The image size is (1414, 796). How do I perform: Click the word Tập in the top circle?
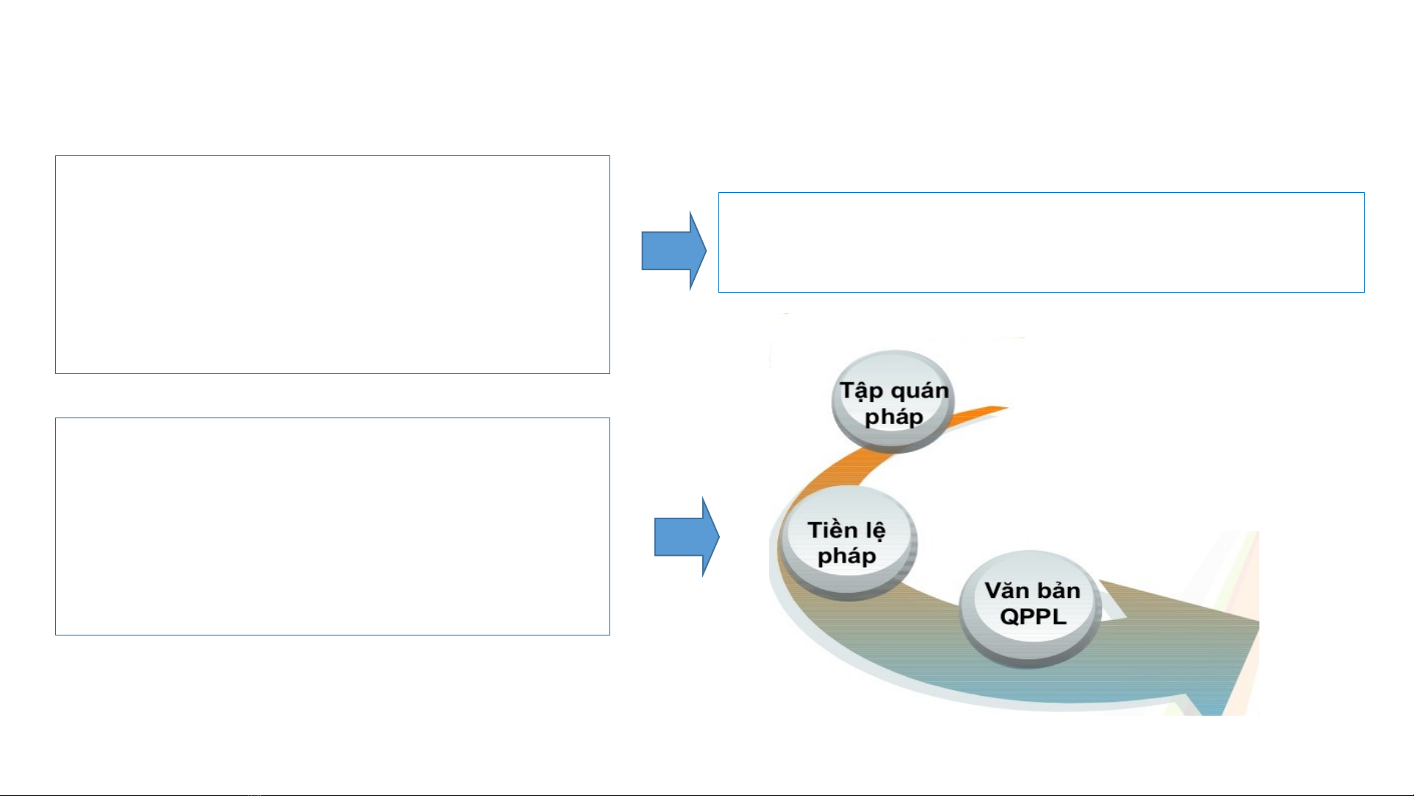point(862,391)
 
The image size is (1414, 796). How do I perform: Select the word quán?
point(919,391)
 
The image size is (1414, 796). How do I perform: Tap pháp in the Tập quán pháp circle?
point(894,418)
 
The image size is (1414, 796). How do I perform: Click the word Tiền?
point(833,530)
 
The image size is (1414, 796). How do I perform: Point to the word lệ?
point(875,531)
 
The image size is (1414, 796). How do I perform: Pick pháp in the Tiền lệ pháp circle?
point(846,557)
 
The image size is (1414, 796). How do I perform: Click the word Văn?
point(1006,591)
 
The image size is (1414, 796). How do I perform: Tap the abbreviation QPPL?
point(1033,616)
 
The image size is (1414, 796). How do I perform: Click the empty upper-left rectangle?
point(332,264)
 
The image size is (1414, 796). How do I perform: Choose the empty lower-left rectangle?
point(332,526)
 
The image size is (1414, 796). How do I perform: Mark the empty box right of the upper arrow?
point(1041,242)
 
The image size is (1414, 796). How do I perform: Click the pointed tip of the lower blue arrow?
point(717,537)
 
